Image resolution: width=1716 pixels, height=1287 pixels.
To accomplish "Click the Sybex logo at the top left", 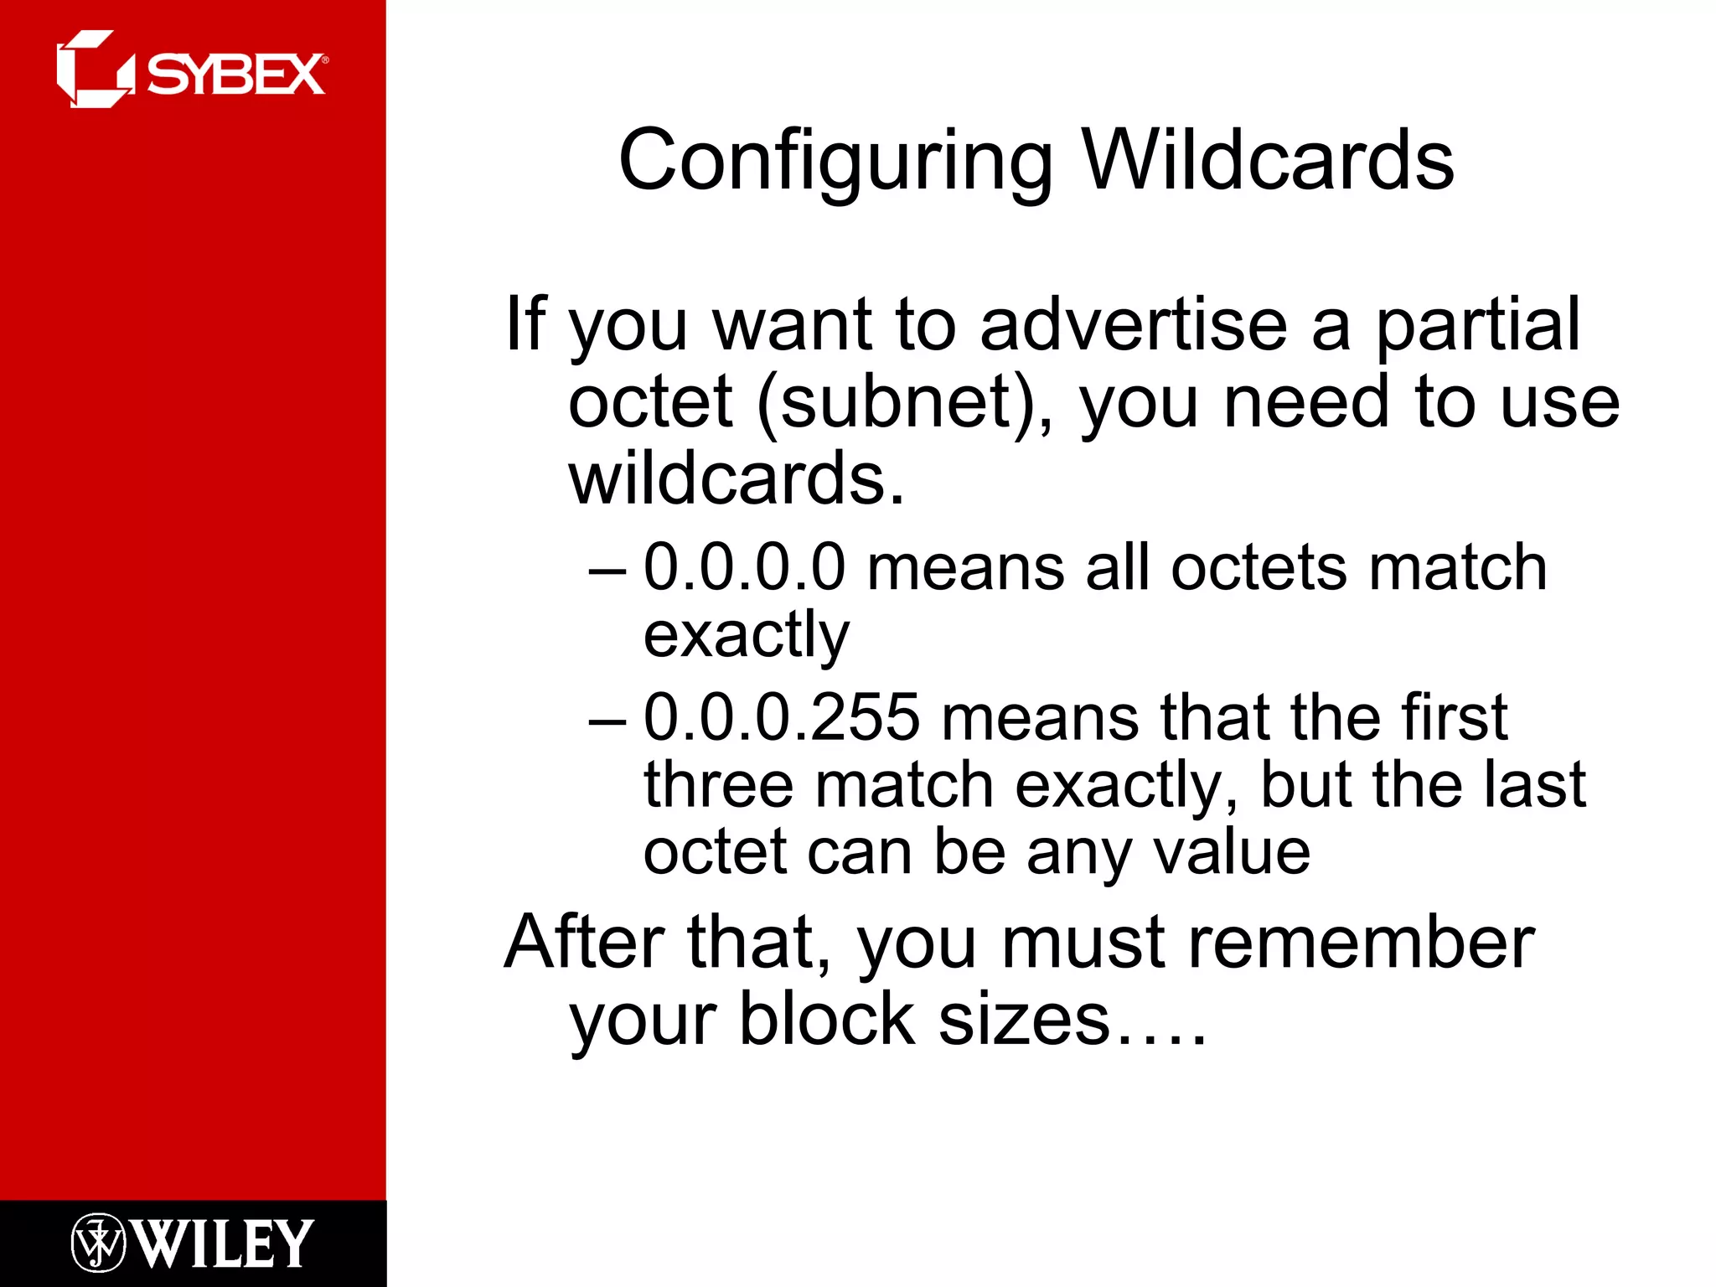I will tap(191, 70).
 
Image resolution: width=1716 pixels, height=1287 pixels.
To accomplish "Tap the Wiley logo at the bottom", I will tap(192, 1243).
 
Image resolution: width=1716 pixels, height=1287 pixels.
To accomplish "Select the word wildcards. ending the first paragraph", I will tap(737, 478).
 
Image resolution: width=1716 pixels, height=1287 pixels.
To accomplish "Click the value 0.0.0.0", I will tap(745, 568).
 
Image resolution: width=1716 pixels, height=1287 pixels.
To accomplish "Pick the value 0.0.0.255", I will tap(782, 718).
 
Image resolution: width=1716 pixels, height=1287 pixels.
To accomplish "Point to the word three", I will tap(718, 785).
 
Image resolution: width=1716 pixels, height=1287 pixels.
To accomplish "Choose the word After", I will tap(584, 943).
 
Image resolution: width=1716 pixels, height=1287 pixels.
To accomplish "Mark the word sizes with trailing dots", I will tap(1072, 1021).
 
